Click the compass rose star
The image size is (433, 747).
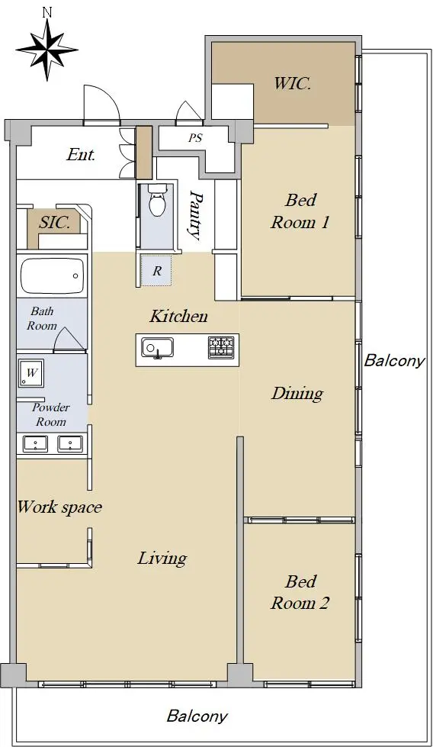point(47,49)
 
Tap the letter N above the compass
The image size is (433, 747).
point(47,13)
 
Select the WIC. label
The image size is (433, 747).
point(292,83)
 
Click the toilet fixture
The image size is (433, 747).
point(156,201)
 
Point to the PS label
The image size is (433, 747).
point(195,138)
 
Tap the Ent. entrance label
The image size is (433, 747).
point(81,154)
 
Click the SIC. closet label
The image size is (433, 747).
point(55,223)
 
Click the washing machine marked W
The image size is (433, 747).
point(31,373)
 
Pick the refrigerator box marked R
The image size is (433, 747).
point(156,271)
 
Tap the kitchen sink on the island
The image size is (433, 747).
point(157,348)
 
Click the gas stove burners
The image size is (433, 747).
point(221,348)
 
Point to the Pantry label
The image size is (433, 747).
point(194,215)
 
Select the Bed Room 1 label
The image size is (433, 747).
point(300,211)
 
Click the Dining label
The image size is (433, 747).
point(297,394)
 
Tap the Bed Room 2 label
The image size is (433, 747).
point(300,592)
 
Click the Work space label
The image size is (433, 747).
point(59,507)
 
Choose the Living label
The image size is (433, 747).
point(162,559)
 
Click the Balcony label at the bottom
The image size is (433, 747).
point(197,716)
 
